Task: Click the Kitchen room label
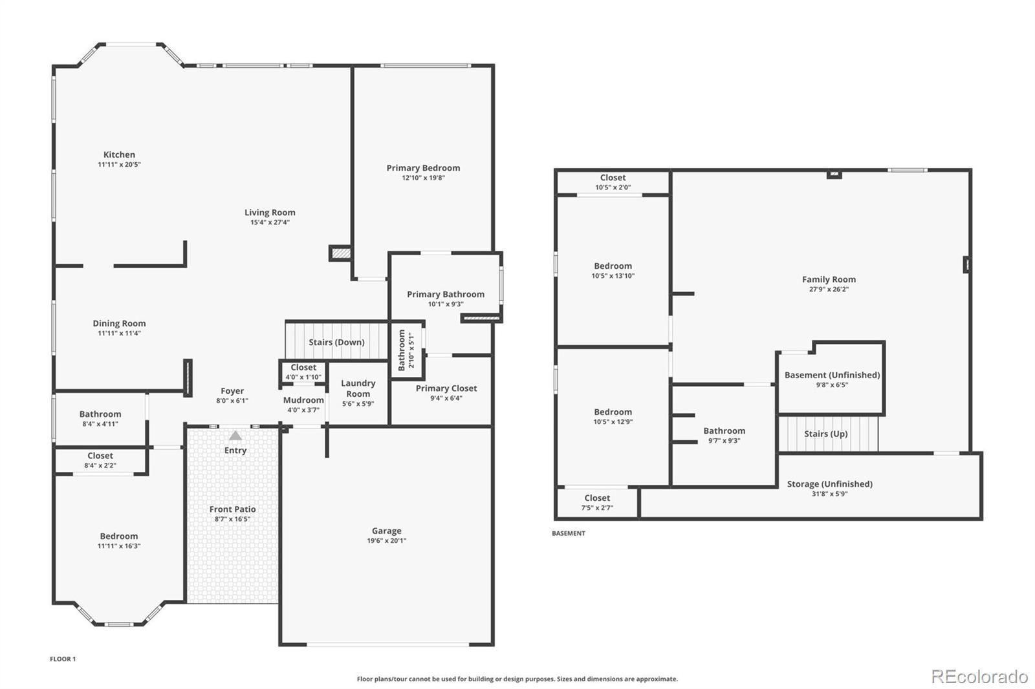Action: [119, 154]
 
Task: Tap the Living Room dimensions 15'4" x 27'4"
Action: [270, 222]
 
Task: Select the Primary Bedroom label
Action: [423, 168]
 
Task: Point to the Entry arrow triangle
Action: [235, 436]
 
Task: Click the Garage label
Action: [387, 531]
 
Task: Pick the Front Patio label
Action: [232, 509]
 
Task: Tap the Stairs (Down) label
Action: [336, 342]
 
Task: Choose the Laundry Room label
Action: [358, 388]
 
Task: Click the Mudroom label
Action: [303, 400]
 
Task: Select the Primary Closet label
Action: [446, 388]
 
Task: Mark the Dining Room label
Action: [119, 323]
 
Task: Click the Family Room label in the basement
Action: [829, 279]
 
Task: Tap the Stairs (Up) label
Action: [825, 434]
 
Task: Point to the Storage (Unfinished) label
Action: [830, 484]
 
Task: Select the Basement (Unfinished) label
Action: [832, 375]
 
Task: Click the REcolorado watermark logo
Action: [979, 677]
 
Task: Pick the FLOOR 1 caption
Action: [63, 659]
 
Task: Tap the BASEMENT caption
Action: [569, 533]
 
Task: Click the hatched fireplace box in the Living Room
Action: [341, 253]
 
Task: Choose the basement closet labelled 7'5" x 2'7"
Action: [597, 503]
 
